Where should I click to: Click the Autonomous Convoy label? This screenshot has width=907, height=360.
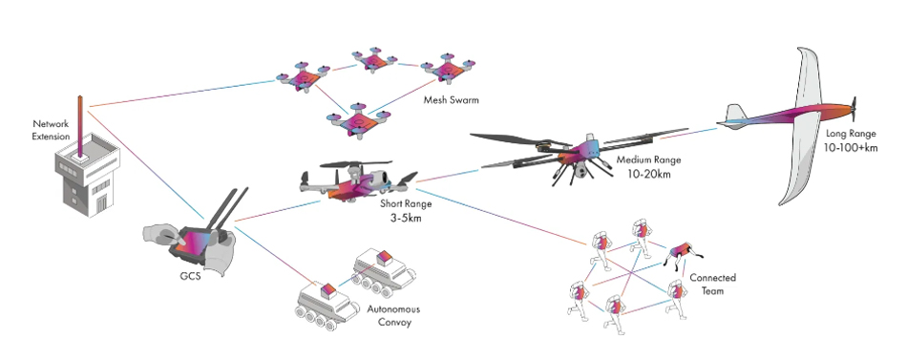[x=392, y=315]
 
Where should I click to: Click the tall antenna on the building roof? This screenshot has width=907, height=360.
[x=81, y=119]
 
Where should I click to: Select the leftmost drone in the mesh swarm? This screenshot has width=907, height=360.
[x=299, y=75]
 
